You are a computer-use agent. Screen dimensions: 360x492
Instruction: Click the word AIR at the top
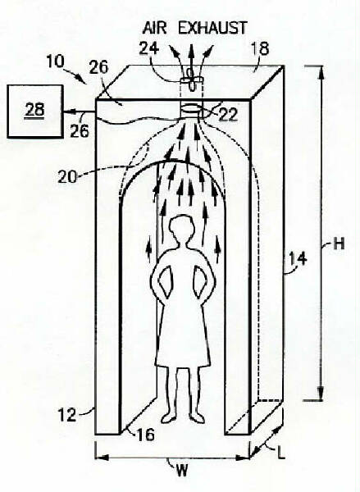(x=154, y=28)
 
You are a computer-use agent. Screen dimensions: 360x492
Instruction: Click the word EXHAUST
(x=212, y=28)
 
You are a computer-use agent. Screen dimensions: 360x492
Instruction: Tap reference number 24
(x=148, y=49)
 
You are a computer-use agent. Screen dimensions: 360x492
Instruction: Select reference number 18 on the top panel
(x=260, y=49)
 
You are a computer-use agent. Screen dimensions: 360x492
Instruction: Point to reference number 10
(x=55, y=61)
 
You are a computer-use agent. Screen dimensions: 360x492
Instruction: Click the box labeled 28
(x=34, y=111)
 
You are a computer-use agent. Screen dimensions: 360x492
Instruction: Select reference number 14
(x=298, y=259)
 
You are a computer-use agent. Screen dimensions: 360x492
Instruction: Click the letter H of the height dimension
(x=339, y=244)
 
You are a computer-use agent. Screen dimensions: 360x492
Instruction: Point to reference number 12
(x=67, y=415)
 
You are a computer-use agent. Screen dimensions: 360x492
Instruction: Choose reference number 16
(x=146, y=435)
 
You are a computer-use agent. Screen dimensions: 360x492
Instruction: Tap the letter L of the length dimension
(x=281, y=453)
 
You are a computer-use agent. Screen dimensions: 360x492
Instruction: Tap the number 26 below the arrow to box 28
(x=80, y=130)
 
